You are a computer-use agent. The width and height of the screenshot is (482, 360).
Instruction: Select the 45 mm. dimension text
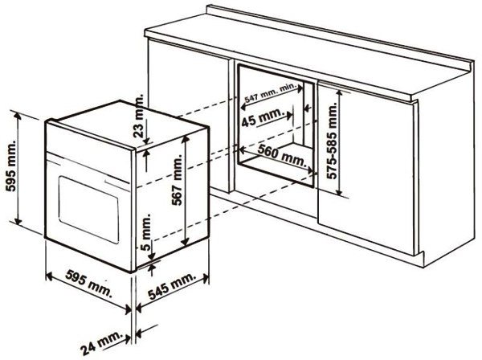point(262,117)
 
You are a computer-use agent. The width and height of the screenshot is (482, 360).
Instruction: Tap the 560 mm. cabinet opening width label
point(282,155)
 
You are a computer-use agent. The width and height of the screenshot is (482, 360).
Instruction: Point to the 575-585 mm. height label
point(332,141)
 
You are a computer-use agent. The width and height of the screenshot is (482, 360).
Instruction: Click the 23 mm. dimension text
point(139,116)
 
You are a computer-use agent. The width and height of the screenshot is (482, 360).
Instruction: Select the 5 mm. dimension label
point(147,231)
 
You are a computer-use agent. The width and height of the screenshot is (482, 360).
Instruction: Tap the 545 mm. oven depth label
point(172,286)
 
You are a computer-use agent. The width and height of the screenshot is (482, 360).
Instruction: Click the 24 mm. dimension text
point(101,342)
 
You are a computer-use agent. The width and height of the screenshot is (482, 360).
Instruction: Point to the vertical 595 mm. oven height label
point(11,166)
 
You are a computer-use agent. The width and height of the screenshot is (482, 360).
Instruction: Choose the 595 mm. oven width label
point(89,283)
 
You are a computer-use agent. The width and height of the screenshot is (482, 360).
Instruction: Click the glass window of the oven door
point(88,210)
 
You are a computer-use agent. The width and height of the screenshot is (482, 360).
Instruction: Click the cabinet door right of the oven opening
point(366,169)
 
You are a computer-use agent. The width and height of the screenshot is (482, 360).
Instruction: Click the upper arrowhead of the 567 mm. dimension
point(185,140)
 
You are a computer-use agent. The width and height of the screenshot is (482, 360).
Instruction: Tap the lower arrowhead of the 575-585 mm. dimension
point(339,191)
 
